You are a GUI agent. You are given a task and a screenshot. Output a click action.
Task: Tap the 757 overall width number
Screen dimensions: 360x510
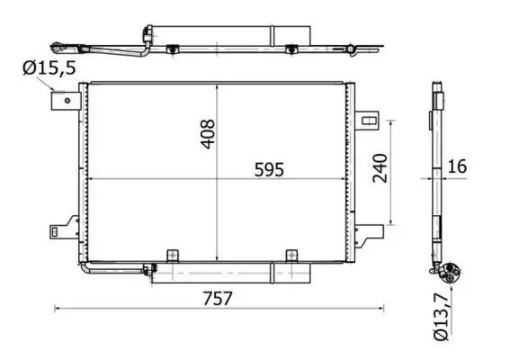[x=213, y=299]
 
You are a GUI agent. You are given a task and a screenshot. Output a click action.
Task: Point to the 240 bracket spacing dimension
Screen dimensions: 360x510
[x=380, y=169]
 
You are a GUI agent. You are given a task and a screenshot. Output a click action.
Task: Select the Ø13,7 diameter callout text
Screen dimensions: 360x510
[x=440, y=317]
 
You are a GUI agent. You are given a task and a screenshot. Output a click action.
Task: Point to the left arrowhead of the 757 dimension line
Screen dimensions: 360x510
[x=58, y=309]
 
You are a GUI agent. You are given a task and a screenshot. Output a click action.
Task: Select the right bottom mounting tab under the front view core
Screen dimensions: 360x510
[x=290, y=256]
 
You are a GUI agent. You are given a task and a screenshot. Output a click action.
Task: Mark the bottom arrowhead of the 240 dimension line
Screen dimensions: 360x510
[x=391, y=222]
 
